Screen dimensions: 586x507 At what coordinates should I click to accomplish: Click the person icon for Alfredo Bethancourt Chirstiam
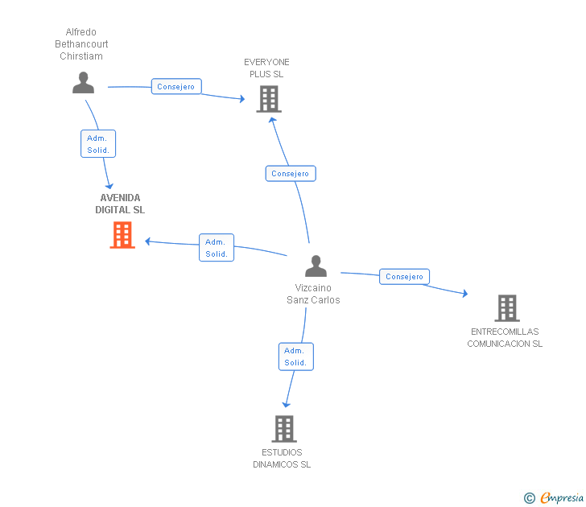[83, 83]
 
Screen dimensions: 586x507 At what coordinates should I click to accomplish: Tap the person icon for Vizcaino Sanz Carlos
[316, 266]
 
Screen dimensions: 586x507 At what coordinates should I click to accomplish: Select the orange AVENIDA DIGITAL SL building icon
[122, 235]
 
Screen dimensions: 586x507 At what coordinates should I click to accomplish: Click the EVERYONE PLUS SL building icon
[269, 99]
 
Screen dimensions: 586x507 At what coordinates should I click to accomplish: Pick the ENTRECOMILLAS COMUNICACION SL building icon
[507, 308]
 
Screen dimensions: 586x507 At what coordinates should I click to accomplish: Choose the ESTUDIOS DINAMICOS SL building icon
[284, 429]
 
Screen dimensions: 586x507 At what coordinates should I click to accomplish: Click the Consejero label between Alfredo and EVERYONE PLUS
[176, 86]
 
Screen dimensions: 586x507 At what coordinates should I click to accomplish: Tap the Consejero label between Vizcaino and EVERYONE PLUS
[291, 173]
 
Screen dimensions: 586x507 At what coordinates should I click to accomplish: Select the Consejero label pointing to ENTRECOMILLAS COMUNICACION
[404, 277]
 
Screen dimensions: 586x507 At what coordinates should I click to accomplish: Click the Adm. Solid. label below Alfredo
[98, 144]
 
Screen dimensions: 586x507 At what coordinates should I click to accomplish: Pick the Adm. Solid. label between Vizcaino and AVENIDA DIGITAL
[217, 248]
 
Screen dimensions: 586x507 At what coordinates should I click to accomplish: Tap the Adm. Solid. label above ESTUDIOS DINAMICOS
[296, 357]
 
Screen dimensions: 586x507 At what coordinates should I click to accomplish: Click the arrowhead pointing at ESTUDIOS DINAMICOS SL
[287, 405]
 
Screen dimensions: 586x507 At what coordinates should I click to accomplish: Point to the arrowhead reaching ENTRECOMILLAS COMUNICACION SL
[465, 293]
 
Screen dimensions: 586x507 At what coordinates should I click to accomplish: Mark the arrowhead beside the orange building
[147, 241]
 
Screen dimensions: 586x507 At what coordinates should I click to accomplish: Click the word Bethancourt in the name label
[81, 44]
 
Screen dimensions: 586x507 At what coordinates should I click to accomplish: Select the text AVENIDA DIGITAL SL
[120, 204]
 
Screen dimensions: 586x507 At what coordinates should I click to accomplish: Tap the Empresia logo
[562, 497]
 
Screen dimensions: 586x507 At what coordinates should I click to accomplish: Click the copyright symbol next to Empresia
[530, 498]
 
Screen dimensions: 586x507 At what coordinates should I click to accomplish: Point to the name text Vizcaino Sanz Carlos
[313, 294]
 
